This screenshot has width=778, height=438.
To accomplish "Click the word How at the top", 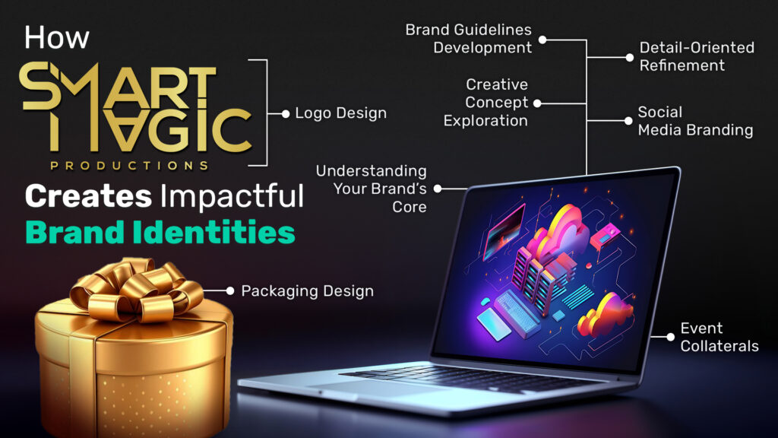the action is (56, 38).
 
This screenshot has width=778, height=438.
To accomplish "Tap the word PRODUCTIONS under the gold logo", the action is (129, 166).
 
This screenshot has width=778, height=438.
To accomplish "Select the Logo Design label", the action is (340, 113).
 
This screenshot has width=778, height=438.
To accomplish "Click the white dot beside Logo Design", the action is (286, 114).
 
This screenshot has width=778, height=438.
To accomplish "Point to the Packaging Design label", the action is (307, 291).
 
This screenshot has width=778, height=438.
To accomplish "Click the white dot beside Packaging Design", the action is (230, 291).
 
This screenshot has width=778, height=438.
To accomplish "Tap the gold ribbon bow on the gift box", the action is (137, 290).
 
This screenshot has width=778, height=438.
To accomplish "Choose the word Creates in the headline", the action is (88, 196).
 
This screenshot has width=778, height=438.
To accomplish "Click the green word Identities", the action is (213, 233).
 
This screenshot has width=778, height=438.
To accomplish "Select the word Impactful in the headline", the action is (232, 197).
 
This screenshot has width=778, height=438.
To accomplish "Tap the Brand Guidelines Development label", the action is (468, 39).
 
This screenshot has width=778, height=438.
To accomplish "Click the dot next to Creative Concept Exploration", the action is (537, 103).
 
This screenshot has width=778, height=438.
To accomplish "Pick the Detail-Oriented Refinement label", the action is (697, 56).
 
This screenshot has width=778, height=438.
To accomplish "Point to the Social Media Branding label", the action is (695, 121).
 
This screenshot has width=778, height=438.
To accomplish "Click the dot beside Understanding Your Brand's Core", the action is (438, 189).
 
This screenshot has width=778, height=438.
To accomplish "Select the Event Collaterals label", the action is (719, 337).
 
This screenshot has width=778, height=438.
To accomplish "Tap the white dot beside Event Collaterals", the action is (670, 337).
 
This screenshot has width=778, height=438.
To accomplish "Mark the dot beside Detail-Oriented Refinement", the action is (630, 58).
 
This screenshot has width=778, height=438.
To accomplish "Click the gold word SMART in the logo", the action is (118, 85).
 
